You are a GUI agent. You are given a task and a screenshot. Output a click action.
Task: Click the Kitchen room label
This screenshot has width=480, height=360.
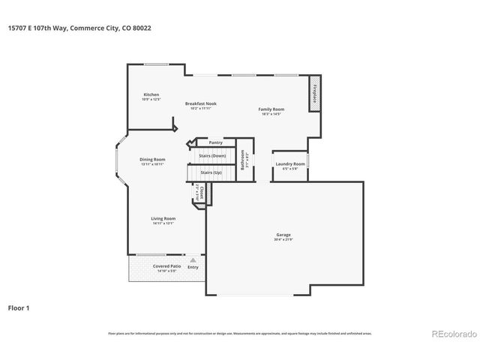coord(151,94)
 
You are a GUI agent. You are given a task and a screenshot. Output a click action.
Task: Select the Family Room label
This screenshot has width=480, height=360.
coord(271,109)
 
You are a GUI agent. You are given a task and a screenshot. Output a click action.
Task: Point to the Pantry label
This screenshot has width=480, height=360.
coord(215,142)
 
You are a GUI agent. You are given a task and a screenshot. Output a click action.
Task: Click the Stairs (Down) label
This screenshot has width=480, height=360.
coord(212,156)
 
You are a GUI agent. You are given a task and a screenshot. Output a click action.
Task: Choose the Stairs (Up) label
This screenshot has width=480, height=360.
coord(211,172)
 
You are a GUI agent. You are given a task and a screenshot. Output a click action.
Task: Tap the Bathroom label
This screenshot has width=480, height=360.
coord(244,159)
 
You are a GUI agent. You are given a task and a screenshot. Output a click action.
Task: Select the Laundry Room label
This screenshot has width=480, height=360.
coord(290,163)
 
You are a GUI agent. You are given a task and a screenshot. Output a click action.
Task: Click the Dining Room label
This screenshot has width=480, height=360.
coord(152,159)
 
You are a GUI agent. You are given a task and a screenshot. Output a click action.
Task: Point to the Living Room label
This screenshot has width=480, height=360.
coord(163,218)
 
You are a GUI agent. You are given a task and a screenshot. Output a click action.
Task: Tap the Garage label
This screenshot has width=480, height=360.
coord(283,234)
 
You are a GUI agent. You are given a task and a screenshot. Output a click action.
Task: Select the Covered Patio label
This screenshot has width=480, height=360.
coord(165,265)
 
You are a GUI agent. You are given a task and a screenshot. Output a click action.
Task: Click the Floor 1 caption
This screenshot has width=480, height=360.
coord(19,307)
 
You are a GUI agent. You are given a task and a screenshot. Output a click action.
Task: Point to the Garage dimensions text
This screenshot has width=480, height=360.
coord(283,239)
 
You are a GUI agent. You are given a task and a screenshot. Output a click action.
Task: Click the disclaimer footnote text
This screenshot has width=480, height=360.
coord(239,333)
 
